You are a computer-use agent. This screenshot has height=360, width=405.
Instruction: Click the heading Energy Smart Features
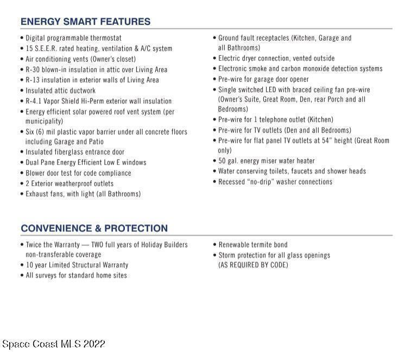[x=85, y=22]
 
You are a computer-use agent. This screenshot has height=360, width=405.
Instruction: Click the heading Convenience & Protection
[x=94, y=228]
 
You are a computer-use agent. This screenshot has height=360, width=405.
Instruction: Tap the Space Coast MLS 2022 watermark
[x=53, y=344]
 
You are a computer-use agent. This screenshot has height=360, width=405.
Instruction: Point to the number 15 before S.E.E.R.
[x=29, y=48]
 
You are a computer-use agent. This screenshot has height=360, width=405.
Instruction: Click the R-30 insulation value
[x=34, y=70]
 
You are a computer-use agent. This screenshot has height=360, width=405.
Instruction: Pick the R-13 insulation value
[x=34, y=80]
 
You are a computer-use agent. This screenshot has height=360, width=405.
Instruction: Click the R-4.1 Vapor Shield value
[x=36, y=101]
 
